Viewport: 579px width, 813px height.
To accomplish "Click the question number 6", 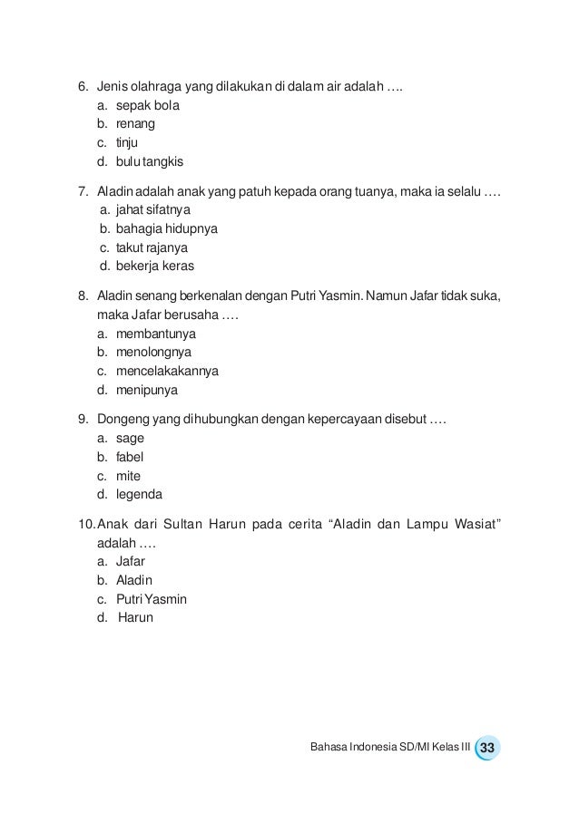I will point(83,87).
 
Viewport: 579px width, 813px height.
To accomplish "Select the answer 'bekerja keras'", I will point(154,266).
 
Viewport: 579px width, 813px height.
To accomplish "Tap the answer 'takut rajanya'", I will point(152,247).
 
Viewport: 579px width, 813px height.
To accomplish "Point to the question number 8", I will point(83,295).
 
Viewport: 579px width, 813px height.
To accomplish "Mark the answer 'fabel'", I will point(130,457).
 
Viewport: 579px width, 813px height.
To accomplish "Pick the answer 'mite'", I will point(128,476).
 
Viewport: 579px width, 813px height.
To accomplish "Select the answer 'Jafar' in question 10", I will point(132,561).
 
